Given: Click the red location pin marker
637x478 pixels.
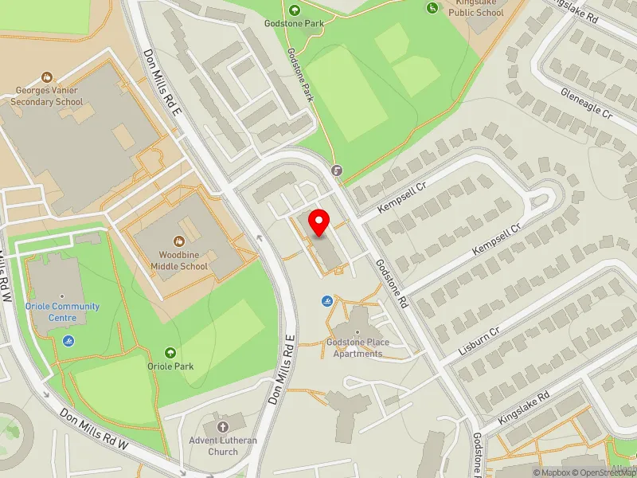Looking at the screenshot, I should tap(319, 222).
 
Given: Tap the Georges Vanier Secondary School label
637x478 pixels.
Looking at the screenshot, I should tap(49, 96).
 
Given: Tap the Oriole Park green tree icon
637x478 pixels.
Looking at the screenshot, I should tap(169, 352).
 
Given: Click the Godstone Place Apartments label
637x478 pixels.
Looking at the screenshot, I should tap(358, 348).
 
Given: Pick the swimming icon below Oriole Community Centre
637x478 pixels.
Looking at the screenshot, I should tap(68, 341).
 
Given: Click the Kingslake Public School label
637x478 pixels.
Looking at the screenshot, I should tap(476, 9).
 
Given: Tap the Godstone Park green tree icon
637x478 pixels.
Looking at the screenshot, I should tap(295, 10).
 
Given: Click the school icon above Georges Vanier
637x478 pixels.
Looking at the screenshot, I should tap(47, 77).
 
